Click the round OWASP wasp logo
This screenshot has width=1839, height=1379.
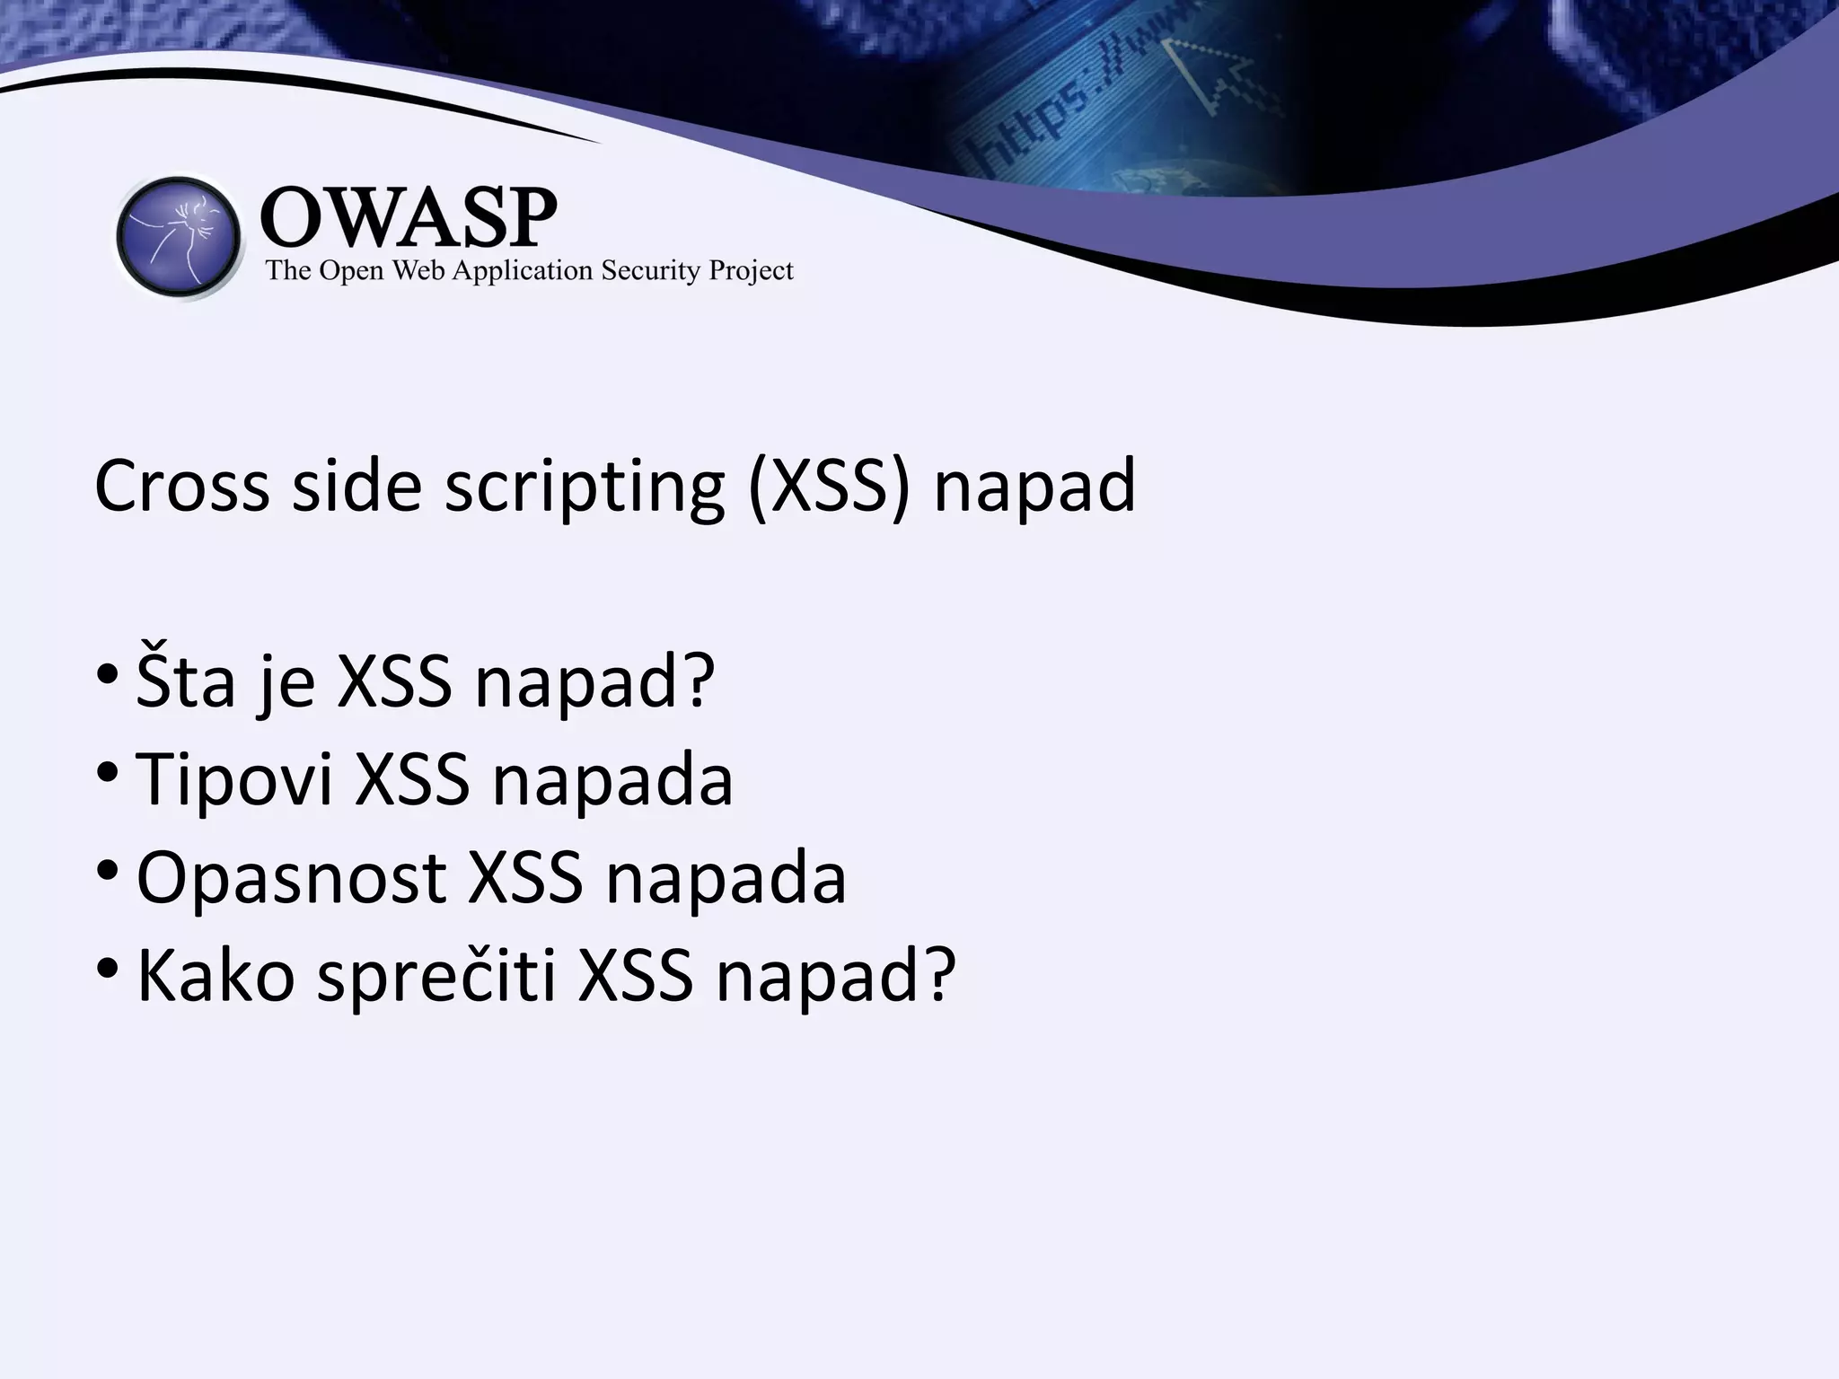[179, 237]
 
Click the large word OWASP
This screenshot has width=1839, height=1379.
[409, 218]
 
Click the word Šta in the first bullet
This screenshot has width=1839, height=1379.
[185, 681]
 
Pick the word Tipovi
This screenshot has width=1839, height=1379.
[234, 778]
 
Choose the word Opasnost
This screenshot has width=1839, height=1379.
[291, 877]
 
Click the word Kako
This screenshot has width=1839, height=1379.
[216, 975]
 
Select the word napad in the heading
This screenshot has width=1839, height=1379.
[1034, 486]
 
